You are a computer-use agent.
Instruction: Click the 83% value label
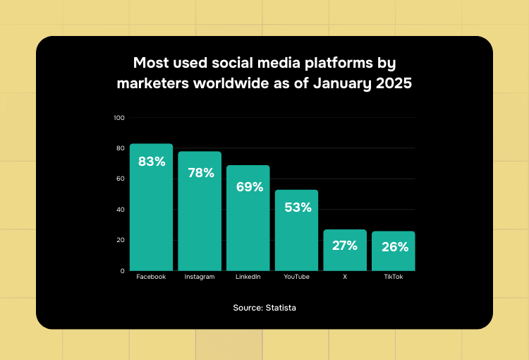tap(152, 162)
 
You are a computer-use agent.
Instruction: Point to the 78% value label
tap(200, 173)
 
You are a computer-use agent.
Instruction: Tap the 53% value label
tap(297, 208)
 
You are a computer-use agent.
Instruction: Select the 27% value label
tap(345, 246)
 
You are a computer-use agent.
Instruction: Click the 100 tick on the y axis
tap(118, 117)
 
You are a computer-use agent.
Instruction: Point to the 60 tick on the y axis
tap(120, 179)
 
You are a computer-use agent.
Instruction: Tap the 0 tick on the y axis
tap(122, 270)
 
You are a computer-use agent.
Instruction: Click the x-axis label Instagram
tap(200, 277)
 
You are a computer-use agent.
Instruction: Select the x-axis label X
tap(345, 277)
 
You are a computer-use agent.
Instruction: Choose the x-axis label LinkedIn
tap(248, 277)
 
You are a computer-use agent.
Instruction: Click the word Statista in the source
tap(281, 308)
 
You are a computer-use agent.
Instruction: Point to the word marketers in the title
tap(153, 83)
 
